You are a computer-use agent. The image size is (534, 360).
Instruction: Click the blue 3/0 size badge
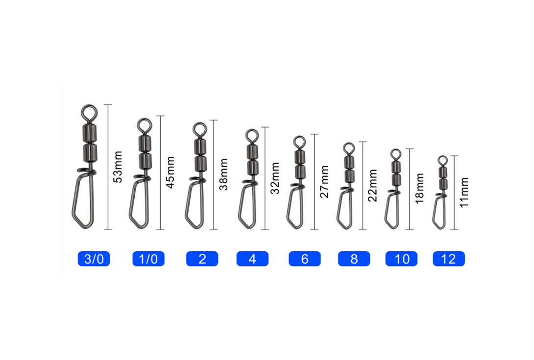94,259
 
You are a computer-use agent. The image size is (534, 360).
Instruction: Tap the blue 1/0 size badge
148,259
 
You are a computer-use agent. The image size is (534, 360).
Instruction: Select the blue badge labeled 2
202,259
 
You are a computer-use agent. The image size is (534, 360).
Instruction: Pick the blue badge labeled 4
252,259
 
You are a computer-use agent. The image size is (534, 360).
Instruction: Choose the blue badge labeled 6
304,259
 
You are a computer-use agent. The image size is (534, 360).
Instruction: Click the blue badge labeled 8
354,259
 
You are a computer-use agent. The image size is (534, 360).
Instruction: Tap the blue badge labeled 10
401,259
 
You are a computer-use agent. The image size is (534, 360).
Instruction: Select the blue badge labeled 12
449,259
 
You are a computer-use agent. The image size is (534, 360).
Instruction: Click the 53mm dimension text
118,167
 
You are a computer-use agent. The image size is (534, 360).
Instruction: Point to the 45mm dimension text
170,172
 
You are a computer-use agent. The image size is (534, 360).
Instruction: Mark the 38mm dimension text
223,174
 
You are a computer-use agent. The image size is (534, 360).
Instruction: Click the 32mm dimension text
275,178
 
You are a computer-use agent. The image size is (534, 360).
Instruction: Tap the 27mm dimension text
324,182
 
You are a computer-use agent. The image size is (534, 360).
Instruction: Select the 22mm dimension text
372,185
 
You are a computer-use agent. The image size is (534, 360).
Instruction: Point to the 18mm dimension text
419,189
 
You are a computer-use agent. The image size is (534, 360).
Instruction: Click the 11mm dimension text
464,192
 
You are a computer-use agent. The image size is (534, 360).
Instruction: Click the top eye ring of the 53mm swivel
90,106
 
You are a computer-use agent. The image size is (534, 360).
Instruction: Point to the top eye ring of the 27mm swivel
300,137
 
